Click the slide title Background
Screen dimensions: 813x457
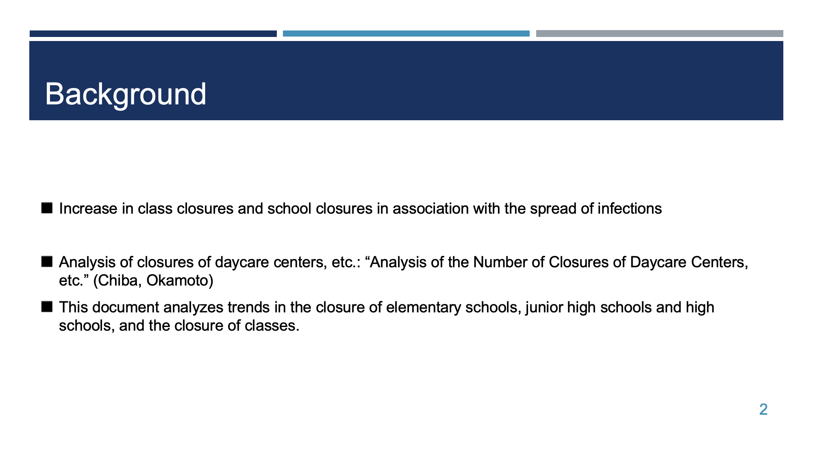(126, 94)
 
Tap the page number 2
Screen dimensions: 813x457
(763, 409)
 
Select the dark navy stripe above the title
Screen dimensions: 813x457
(153, 34)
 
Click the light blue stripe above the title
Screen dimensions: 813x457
(406, 34)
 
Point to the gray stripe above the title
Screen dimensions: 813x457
(660, 34)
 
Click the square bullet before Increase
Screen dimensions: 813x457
(47, 208)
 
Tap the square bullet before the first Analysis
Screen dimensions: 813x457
(47, 262)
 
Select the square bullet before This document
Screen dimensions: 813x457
(47, 307)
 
